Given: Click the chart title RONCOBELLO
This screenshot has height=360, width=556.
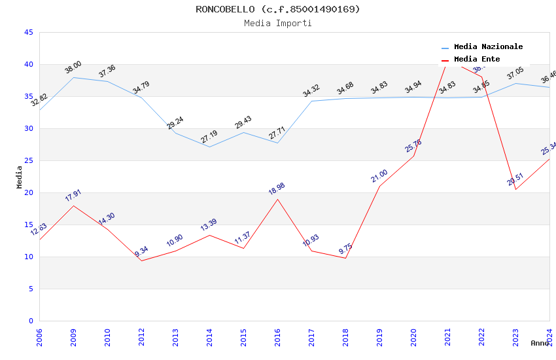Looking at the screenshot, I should tap(277, 9).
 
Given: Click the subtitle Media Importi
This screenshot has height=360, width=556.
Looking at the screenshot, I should tap(277, 23).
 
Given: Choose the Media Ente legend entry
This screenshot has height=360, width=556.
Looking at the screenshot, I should tap(477, 60).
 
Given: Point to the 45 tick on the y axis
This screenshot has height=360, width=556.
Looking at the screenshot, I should tap(28, 32).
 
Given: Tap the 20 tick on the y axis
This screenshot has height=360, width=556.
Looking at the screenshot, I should tap(28, 192).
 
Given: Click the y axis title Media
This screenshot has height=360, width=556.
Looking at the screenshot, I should tap(20, 177).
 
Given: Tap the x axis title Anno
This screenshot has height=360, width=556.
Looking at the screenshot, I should tap(540, 343).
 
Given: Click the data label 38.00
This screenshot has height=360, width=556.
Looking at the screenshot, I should tap(73, 67).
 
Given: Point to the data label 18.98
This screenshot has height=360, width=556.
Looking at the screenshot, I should tap(277, 189).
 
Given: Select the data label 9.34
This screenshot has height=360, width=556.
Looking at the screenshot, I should tap(141, 252).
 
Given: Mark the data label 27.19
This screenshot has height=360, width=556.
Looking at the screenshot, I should tap(209, 137).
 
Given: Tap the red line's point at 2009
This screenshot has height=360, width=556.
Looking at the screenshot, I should tap(73, 206).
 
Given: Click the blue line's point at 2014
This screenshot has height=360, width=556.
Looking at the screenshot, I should tap(209, 147).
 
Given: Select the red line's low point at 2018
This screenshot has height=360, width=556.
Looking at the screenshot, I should tap(345, 258).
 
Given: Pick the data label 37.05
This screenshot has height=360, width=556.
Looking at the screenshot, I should tap(515, 73).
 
